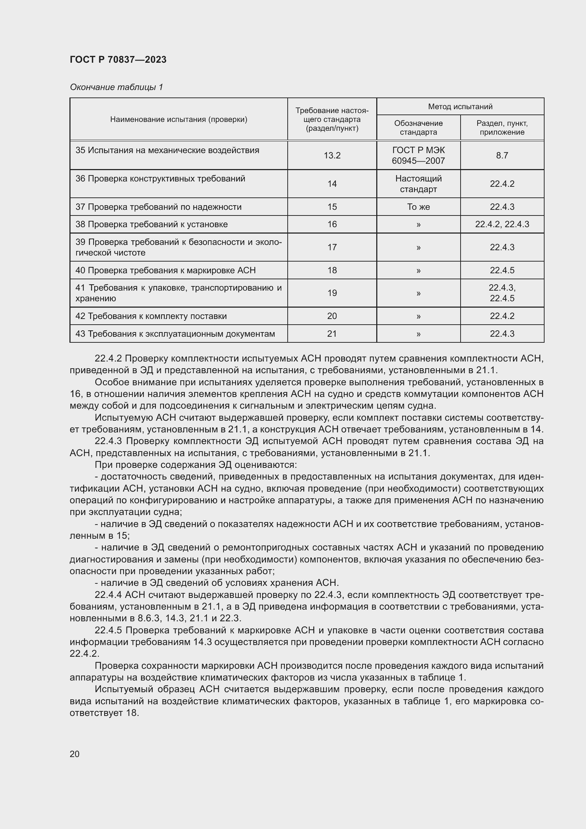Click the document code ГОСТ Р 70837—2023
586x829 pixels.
click(x=118, y=60)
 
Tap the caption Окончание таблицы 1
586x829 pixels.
click(x=116, y=87)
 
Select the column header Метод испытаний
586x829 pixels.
click(x=460, y=107)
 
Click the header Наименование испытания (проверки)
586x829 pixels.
click(x=179, y=119)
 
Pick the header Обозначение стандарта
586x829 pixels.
click(x=418, y=128)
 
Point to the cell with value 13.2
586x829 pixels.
click(x=332, y=155)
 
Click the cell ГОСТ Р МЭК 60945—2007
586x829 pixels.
click(x=418, y=155)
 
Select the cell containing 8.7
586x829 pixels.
click(x=502, y=155)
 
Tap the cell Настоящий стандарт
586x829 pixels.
click(x=418, y=184)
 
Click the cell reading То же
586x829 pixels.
click(x=418, y=207)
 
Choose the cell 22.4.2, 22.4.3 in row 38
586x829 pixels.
click(x=502, y=224)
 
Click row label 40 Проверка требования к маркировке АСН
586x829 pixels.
click(x=165, y=270)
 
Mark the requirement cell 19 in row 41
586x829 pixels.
click(x=332, y=293)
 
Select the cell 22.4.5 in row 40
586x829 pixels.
click(x=502, y=270)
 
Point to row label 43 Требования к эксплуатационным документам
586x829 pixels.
click(x=175, y=334)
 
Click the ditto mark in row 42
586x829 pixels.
click(x=418, y=316)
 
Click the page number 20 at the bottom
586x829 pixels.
click(x=75, y=754)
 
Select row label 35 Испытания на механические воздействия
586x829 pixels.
click(x=167, y=150)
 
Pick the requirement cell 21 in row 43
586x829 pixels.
click(x=332, y=334)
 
